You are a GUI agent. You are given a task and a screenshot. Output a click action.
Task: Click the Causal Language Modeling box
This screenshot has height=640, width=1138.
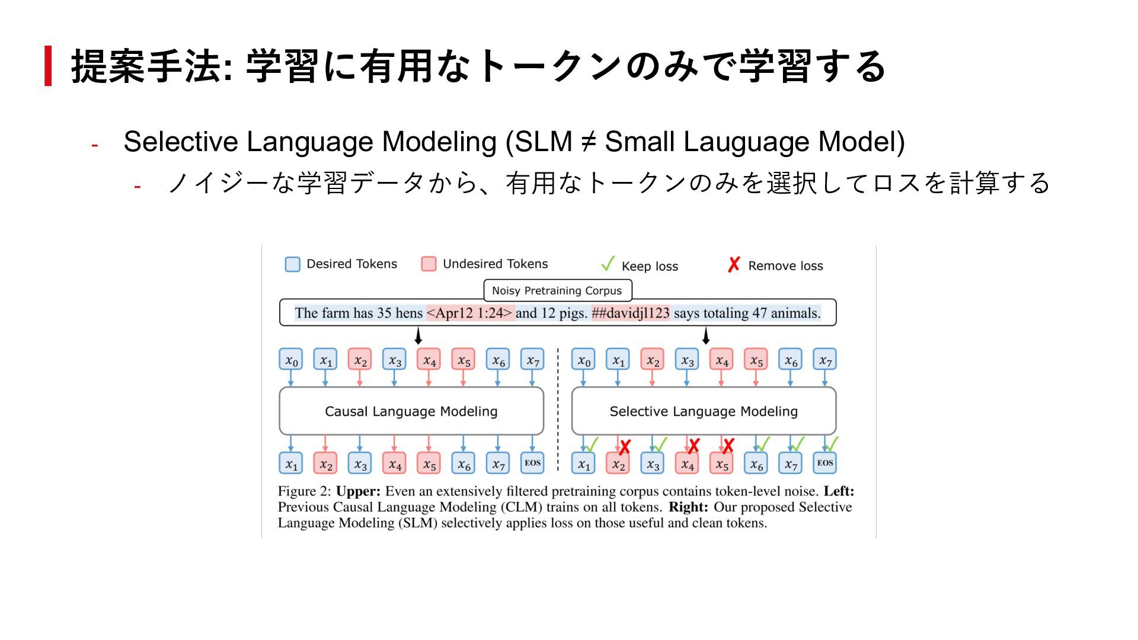tap(411, 411)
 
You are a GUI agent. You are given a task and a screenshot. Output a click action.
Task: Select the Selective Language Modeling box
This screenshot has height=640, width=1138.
tap(704, 411)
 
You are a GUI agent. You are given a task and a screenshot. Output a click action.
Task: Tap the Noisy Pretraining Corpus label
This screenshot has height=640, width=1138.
tap(557, 290)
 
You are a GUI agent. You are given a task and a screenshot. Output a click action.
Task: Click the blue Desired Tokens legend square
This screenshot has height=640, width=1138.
tap(292, 264)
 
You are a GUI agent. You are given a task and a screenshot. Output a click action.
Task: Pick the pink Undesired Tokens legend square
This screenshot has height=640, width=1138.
tap(429, 264)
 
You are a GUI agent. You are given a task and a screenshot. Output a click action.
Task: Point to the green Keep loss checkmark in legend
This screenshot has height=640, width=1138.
tap(608, 264)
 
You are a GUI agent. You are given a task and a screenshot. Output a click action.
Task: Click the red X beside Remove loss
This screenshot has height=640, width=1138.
tap(734, 265)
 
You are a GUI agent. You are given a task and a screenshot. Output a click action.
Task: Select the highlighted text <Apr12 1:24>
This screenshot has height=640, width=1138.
tap(470, 313)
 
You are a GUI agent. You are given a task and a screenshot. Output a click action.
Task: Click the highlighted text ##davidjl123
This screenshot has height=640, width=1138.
tap(631, 313)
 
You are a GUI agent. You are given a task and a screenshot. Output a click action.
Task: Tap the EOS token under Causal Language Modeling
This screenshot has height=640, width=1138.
tap(532, 463)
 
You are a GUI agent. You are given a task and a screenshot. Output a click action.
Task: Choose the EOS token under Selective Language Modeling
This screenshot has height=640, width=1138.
tap(824, 463)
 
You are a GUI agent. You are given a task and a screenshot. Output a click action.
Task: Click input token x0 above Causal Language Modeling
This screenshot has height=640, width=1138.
tap(291, 360)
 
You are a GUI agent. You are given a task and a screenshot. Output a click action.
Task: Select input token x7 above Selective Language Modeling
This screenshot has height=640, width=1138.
tap(824, 360)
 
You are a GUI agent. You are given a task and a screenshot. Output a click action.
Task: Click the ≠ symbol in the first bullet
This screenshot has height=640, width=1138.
tap(588, 142)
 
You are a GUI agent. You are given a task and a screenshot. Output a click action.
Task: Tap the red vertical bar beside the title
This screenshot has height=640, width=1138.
tap(48, 66)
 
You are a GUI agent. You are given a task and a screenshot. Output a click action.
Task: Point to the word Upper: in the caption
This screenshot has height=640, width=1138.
tap(358, 491)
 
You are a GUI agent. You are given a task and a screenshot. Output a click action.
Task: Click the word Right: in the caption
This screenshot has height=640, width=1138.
tap(688, 507)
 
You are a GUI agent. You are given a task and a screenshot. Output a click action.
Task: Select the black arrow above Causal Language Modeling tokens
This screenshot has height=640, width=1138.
tap(418, 337)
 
